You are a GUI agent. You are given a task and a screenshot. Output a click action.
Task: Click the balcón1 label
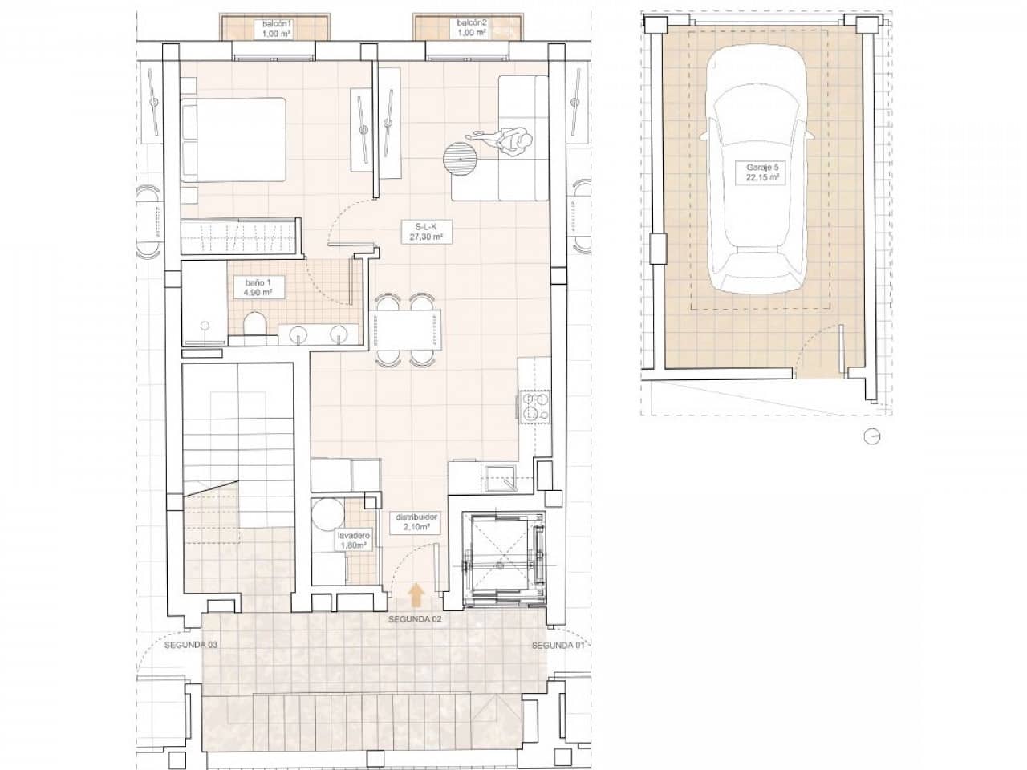(x=275, y=30)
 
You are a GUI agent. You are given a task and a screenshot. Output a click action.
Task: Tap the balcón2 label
(x=472, y=30)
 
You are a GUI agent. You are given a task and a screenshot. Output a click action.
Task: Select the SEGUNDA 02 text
(x=415, y=620)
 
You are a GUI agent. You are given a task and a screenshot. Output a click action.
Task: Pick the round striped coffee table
(x=460, y=157)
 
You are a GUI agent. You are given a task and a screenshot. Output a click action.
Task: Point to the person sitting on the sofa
(x=513, y=143)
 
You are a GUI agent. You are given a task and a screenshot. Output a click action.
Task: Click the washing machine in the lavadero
(x=327, y=513)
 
